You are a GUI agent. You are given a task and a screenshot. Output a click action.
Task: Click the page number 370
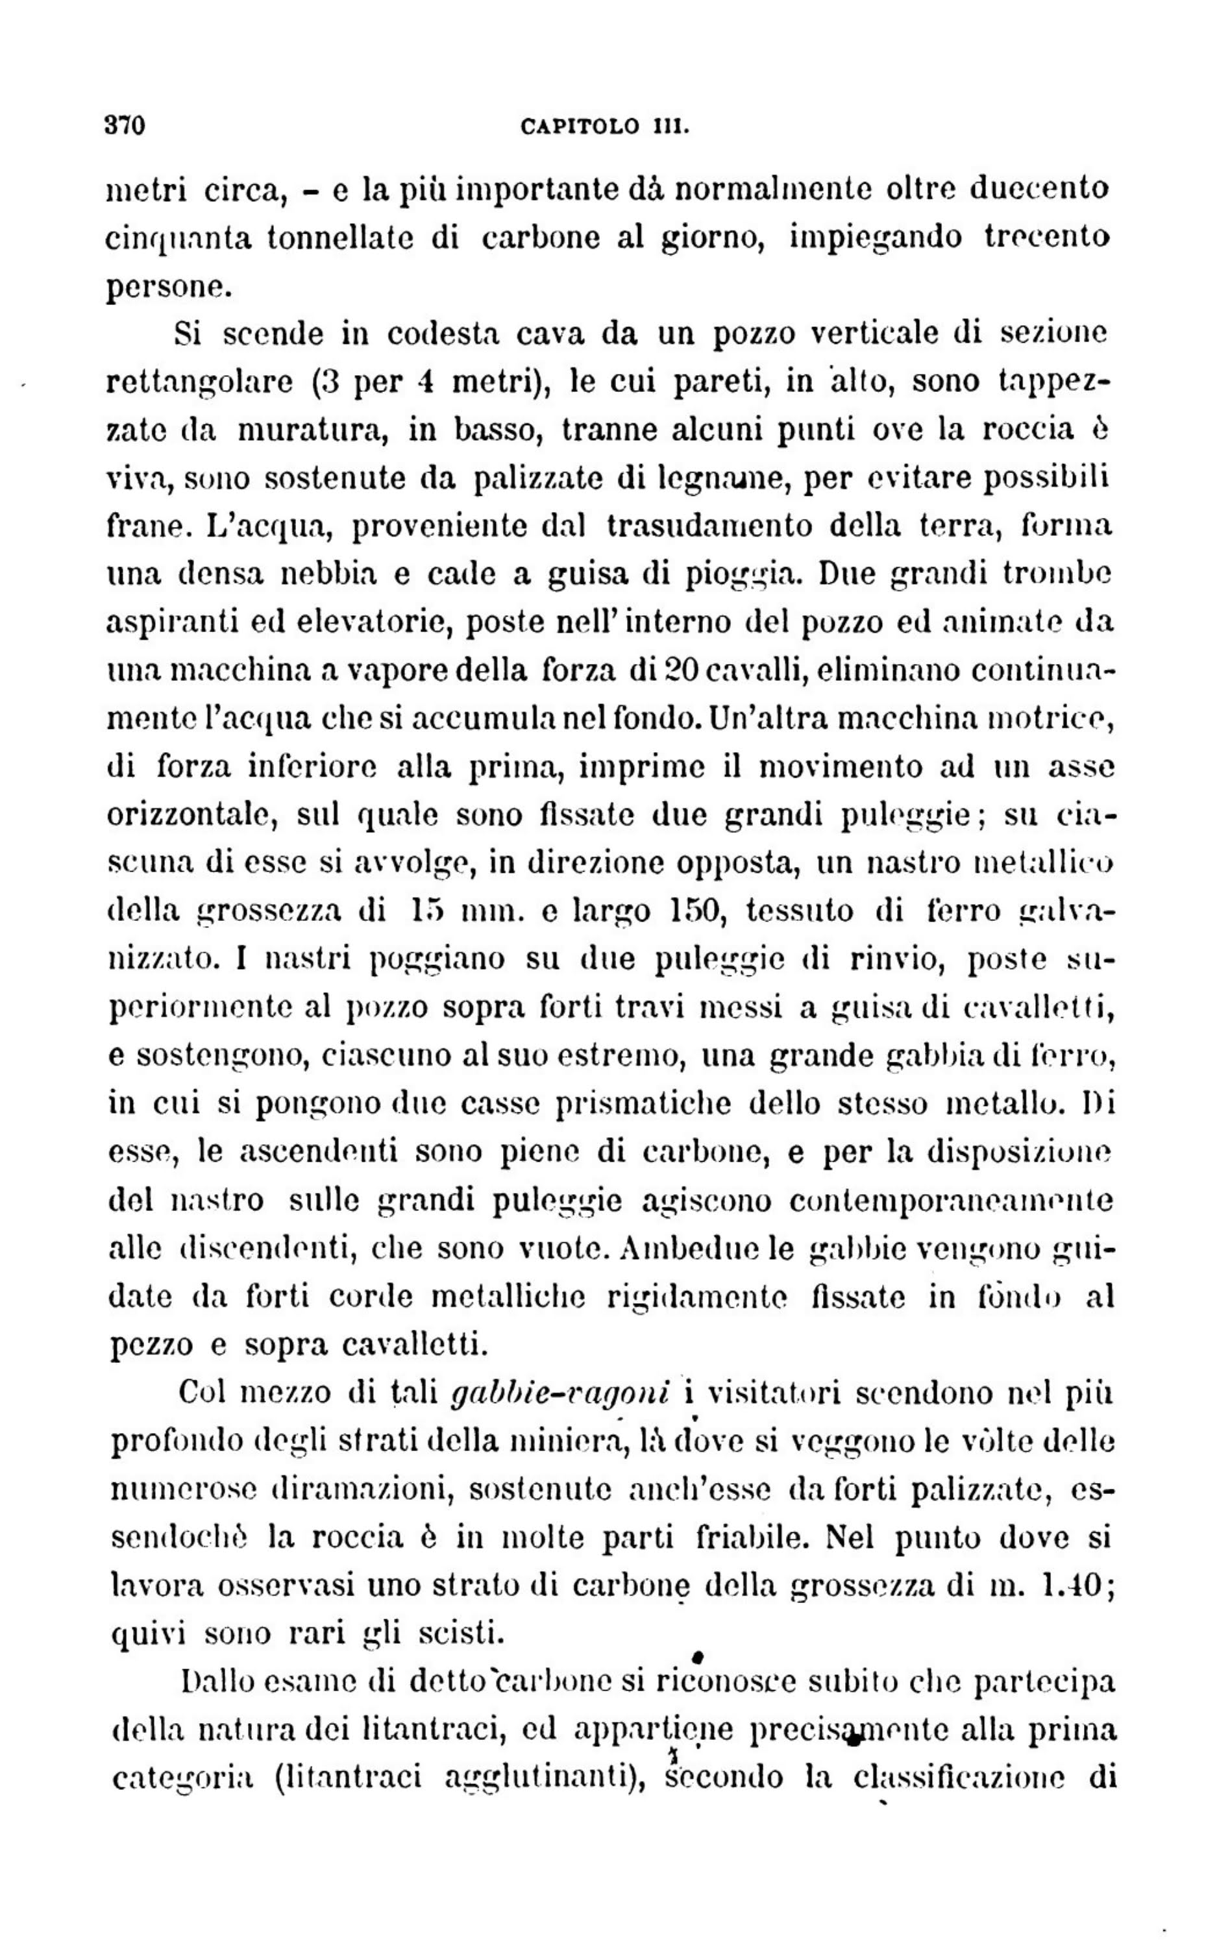(x=125, y=127)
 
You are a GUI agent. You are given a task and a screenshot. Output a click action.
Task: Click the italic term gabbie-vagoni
(x=561, y=1393)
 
